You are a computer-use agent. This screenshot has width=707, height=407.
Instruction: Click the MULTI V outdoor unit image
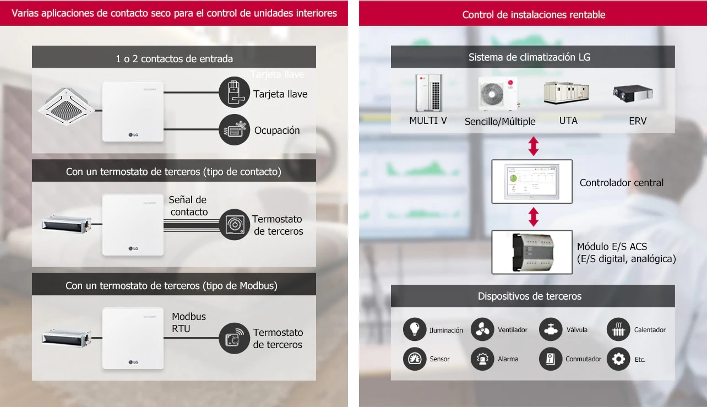click(428, 93)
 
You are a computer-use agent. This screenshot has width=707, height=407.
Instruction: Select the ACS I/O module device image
click(532, 252)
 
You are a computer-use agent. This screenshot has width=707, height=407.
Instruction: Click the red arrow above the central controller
click(533, 146)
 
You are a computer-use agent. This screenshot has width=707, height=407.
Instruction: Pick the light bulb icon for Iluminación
click(415, 329)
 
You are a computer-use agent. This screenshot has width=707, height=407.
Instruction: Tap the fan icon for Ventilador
click(482, 329)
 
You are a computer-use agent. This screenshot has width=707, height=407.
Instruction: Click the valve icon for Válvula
click(551, 329)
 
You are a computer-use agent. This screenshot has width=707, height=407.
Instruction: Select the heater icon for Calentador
click(618, 329)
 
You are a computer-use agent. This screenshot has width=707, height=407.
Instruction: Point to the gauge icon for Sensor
click(415, 359)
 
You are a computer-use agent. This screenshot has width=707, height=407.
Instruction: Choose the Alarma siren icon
click(482, 359)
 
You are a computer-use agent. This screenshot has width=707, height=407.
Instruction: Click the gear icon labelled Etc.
click(618, 359)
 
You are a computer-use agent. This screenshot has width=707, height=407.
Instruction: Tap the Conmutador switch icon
click(551, 359)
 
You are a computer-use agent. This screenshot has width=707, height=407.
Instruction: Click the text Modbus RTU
click(189, 323)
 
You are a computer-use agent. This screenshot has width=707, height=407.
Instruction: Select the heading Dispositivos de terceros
click(530, 296)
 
